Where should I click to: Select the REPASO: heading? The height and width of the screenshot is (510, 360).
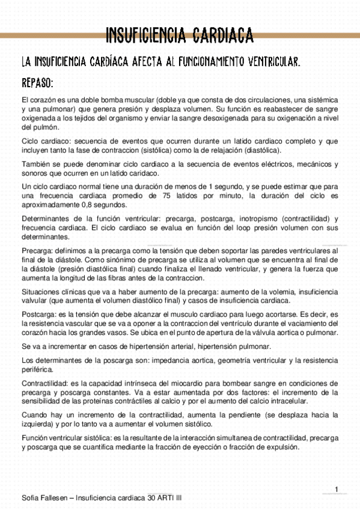click(38, 82)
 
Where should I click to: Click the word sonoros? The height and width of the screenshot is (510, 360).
click(36, 173)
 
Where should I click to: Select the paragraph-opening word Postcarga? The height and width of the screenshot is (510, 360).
click(39, 314)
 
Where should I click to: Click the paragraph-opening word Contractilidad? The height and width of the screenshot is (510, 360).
click(45, 383)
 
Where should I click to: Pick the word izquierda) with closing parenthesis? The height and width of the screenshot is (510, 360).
click(38, 424)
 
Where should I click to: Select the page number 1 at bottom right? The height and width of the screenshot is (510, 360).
click(337, 488)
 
